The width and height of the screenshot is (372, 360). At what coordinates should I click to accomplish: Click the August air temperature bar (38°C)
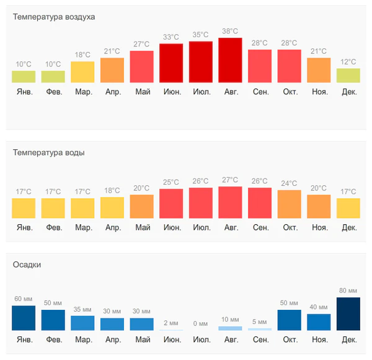pyautogui.click(x=230, y=60)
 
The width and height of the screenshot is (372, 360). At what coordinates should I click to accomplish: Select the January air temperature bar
pyautogui.click(x=24, y=77)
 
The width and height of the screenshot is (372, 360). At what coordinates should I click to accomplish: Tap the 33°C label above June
pyautogui.click(x=171, y=37)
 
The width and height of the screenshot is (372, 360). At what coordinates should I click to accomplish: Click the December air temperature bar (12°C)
pyautogui.click(x=348, y=75)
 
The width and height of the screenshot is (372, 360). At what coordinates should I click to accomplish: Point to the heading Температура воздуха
pyautogui.click(x=54, y=17)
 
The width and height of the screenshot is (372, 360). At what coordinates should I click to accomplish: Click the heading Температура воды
pyautogui.click(x=49, y=152)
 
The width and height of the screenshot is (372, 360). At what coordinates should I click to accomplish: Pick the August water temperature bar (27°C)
pyautogui.click(x=230, y=202)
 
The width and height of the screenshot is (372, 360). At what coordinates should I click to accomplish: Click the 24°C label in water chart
pyautogui.click(x=290, y=183)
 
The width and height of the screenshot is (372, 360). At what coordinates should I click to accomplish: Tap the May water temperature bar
pyautogui.click(x=141, y=206)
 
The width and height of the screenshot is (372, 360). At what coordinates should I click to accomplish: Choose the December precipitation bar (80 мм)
pyautogui.click(x=348, y=314)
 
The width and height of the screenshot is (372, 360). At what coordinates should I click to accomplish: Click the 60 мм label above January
pyautogui.click(x=24, y=299)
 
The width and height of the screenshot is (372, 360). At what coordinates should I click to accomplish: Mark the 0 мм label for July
pyautogui.click(x=201, y=323)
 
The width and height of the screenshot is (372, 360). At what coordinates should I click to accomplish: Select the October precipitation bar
pyautogui.click(x=290, y=320)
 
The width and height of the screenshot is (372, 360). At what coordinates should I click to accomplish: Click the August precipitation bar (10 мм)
pyautogui.click(x=230, y=328)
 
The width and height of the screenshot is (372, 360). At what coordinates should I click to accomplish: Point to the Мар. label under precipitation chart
pyautogui.click(x=83, y=340)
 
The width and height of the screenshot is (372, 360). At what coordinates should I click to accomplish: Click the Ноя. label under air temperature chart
pyautogui.click(x=319, y=92)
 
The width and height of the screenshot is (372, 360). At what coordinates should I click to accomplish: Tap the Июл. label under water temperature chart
pyautogui.click(x=201, y=228)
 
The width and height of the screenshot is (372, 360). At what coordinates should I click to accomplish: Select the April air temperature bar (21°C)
pyautogui.click(x=112, y=70)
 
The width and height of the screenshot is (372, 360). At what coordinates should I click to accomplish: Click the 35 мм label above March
pyautogui.click(x=82, y=309)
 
